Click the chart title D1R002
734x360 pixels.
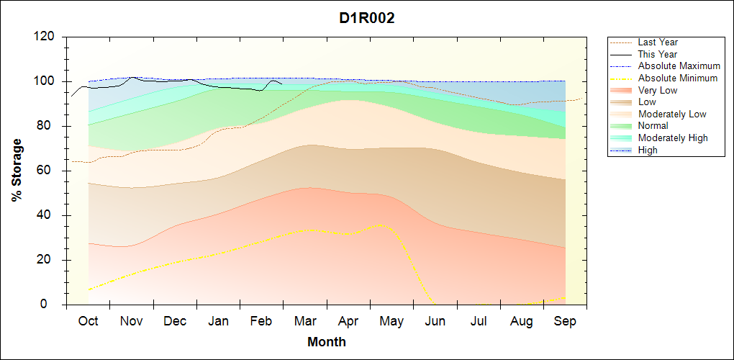[367, 18]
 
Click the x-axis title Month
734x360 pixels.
[327, 342]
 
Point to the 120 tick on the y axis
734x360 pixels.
[45, 37]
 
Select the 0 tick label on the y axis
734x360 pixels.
[53, 305]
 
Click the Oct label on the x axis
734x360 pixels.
[88, 321]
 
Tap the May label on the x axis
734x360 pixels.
[391, 321]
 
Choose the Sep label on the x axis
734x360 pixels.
[565, 321]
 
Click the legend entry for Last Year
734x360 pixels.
[658, 42]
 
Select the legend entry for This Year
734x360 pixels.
[658, 54]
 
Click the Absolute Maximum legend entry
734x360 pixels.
[679, 66]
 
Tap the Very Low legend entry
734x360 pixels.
[658, 90]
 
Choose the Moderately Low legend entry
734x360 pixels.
[672, 114]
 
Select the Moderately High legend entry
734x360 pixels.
[673, 138]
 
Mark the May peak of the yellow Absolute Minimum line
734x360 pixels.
[382, 225]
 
